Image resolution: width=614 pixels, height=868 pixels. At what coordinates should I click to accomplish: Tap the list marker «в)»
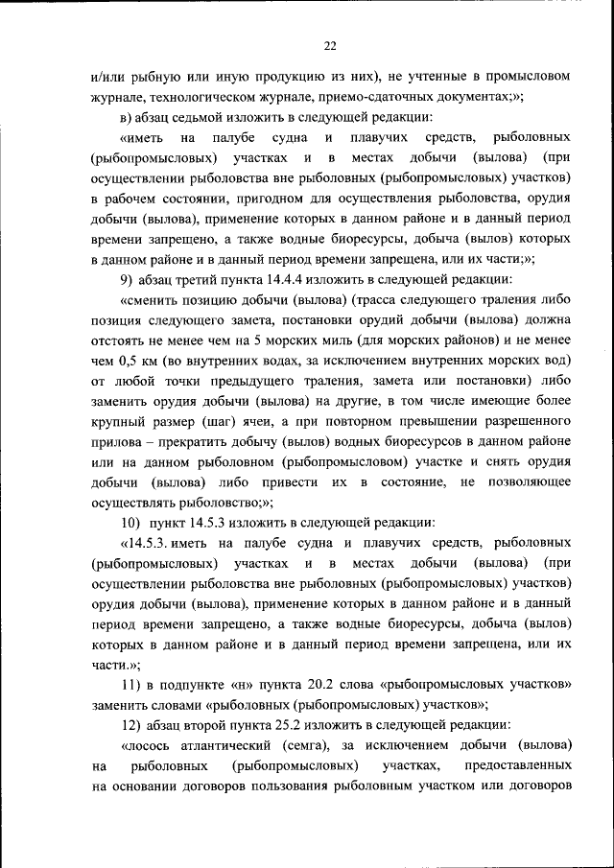(127, 118)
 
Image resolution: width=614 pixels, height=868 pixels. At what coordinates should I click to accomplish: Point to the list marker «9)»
(127, 280)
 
